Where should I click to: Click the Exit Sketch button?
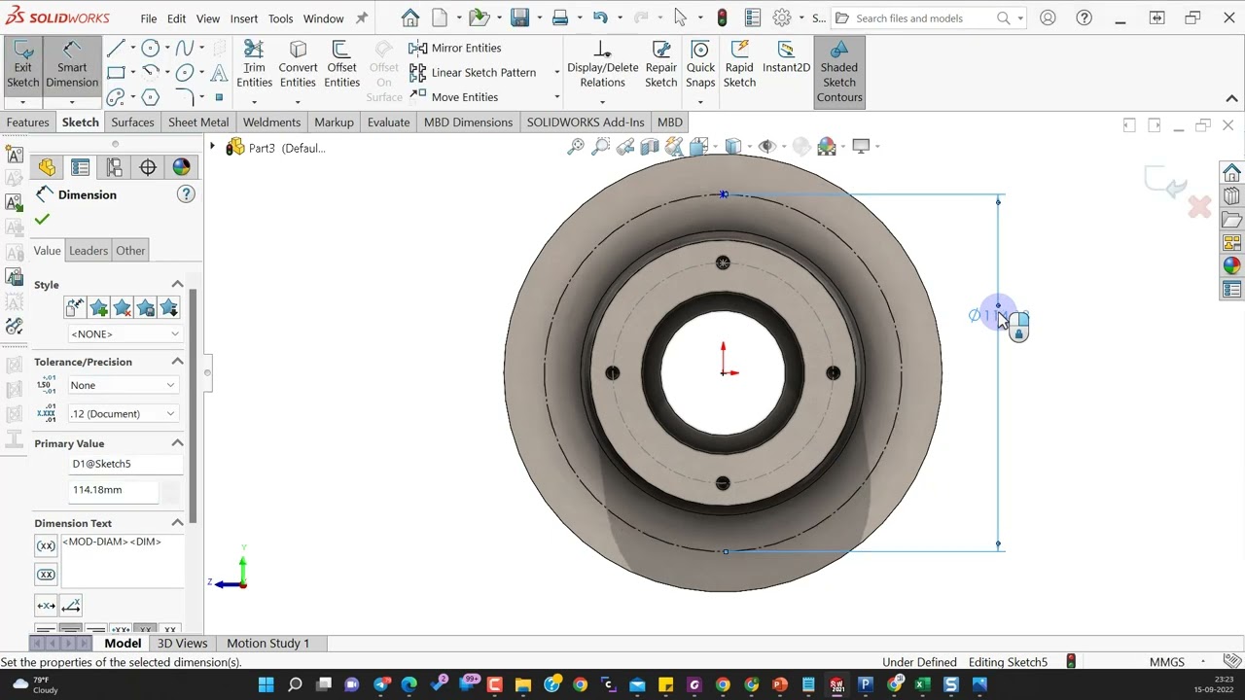point(22,67)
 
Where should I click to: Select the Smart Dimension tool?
point(71,67)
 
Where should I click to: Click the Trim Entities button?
point(254,67)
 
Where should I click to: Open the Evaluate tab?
point(388,122)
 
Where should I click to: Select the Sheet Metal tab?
point(198,122)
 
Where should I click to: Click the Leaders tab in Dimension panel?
point(89,251)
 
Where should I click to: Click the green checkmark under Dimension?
point(42,220)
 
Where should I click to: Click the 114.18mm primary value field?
point(112,490)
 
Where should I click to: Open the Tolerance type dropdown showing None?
point(123,385)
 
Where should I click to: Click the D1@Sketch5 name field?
point(124,464)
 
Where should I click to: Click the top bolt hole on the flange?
point(723,262)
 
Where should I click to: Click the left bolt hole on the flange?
point(612,372)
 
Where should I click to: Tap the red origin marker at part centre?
point(723,372)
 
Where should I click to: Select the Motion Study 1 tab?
point(267,643)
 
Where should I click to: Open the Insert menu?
point(244,18)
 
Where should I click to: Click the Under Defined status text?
point(919,662)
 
